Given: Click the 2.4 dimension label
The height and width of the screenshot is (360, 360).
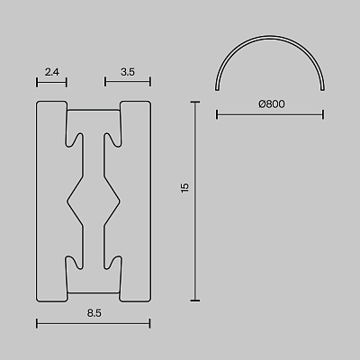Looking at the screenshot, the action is pyautogui.click(x=52, y=72).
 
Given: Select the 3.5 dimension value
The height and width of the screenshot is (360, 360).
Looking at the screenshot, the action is pyautogui.click(x=128, y=72).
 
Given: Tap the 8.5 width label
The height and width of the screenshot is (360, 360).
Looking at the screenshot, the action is pyautogui.click(x=94, y=313).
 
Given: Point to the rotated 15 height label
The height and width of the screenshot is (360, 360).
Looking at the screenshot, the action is pyautogui.click(x=185, y=187).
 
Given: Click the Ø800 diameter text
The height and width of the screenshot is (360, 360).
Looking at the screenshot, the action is pyautogui.click(x=272, y=104).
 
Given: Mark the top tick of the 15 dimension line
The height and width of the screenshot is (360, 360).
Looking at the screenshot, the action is pyautogui.click(x=195, y=103).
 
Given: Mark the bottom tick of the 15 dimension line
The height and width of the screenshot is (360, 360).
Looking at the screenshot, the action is pyautogui.click(x=195, y=300).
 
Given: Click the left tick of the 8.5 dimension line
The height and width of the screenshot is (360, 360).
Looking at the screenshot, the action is pyautogui.click(x=37, y=324).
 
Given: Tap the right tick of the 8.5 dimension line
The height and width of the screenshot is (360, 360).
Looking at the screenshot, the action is pyautogui.click(x=149, y=324).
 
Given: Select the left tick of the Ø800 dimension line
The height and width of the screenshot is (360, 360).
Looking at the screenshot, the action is pyautogui.click(x=217, y=114).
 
